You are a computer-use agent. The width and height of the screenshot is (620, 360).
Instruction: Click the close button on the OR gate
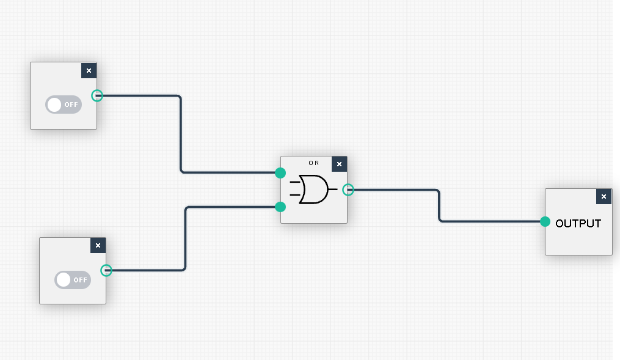coord(340,164)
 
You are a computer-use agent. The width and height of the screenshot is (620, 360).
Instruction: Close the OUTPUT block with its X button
coord(604,196)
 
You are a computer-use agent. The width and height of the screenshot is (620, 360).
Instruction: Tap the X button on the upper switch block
coord(89,70)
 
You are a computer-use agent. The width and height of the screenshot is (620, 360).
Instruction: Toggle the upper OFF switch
coord(64,105)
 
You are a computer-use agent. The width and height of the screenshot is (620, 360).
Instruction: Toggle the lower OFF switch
coord(73,280)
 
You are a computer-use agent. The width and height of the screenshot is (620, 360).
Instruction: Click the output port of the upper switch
coord(97,95)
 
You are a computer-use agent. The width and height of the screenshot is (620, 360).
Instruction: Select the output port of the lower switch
coord(106,270)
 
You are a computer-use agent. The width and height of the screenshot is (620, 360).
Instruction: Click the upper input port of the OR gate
coord(280,173)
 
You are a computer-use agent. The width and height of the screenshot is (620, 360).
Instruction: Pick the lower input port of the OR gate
coord(280,207)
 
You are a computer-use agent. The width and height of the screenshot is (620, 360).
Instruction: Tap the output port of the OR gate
coord(348,189)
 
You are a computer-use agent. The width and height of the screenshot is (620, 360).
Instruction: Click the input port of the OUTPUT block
coord(545,221)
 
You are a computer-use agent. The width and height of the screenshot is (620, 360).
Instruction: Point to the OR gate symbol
coord(313,189)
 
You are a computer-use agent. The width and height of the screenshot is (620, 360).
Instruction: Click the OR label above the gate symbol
coord(313,163)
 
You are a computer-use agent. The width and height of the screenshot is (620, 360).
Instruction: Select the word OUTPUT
coord(578,223)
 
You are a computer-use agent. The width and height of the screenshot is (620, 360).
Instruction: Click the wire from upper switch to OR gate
coord(181,134)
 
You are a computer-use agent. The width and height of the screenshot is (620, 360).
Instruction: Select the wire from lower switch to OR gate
coord(185,238)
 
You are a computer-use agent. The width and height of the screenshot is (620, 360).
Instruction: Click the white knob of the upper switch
coord(54,105)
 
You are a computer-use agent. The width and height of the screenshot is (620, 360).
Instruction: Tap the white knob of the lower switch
coord(64,280)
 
